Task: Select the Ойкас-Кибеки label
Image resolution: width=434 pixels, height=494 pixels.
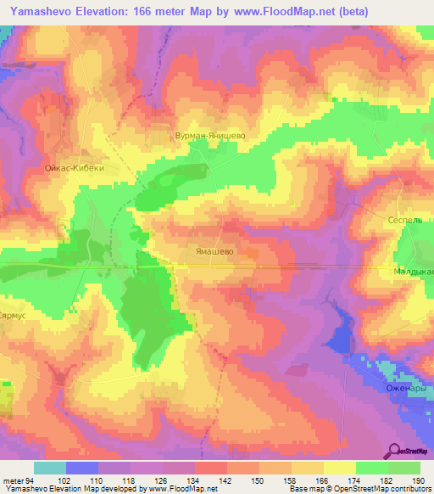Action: [x=75, y=169]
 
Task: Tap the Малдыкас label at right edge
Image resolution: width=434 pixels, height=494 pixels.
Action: [x=414, y=272]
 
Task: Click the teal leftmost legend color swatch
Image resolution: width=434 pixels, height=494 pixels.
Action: [x=50, y=468]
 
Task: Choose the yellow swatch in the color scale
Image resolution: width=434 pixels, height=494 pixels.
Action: [x=339, y=468]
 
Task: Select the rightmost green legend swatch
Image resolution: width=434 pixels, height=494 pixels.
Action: [x=404, y=468]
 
